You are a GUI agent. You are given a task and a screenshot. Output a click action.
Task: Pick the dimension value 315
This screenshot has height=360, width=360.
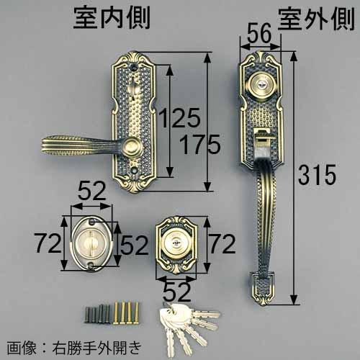click(x=315, y=174)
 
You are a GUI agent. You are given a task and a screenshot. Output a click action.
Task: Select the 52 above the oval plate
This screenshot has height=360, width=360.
click(x=92, y=191)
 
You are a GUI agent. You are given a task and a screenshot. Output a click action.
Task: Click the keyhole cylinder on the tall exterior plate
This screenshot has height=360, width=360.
click(x=261, y=86)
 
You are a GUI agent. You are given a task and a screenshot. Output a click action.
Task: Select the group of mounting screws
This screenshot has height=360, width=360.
click(x=112, y=313)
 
